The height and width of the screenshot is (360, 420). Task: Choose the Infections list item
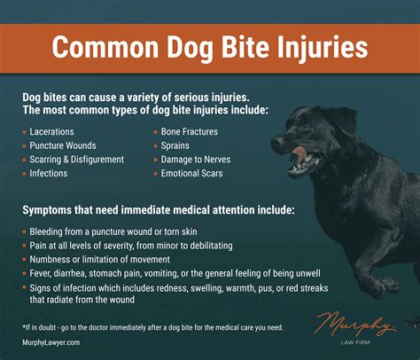(x=51, y=173)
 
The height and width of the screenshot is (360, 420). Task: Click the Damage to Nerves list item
(x=196, y=159)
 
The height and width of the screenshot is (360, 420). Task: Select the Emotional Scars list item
(x=191, y=173)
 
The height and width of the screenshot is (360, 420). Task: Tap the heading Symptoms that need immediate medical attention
(x=158, y=211)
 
